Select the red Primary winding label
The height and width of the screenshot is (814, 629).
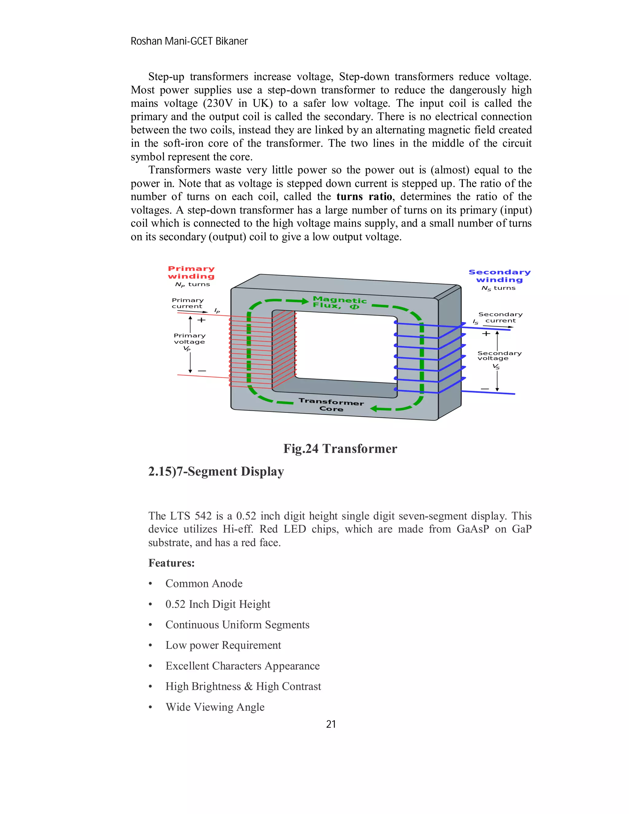(x=191, y=272)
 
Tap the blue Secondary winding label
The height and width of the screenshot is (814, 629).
(x=499, y=276)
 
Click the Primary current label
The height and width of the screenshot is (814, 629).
(x=187, y=303)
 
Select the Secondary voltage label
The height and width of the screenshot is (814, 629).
(x=499, y=356)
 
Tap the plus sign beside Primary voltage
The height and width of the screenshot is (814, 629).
(x=201, y=320)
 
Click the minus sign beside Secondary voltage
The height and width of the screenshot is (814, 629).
(x=484, y=389)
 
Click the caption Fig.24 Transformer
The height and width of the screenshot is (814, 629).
(x=340, y=448)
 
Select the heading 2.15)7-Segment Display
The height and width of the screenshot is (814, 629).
(x=216, y=472)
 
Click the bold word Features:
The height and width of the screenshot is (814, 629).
(x=171, y=563)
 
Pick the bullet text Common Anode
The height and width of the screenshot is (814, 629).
(x=204, y=583)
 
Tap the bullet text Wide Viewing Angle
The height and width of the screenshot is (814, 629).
(x=215, y=707)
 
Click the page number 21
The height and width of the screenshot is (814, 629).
(x=331, y=724)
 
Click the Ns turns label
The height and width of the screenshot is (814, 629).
(x=498, y=288)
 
